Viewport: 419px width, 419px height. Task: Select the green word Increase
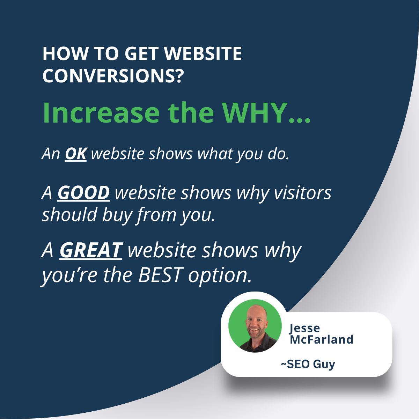click(101, 113)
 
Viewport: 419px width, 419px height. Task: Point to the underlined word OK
click(75, 154)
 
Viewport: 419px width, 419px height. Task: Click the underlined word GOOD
click(83, 193)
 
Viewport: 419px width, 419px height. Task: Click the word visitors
click(302, 193)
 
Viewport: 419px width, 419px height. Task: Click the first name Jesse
click(304, 328)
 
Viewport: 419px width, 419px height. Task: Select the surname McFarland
click(321, 339)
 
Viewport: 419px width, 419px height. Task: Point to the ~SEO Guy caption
click(308, 364)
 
